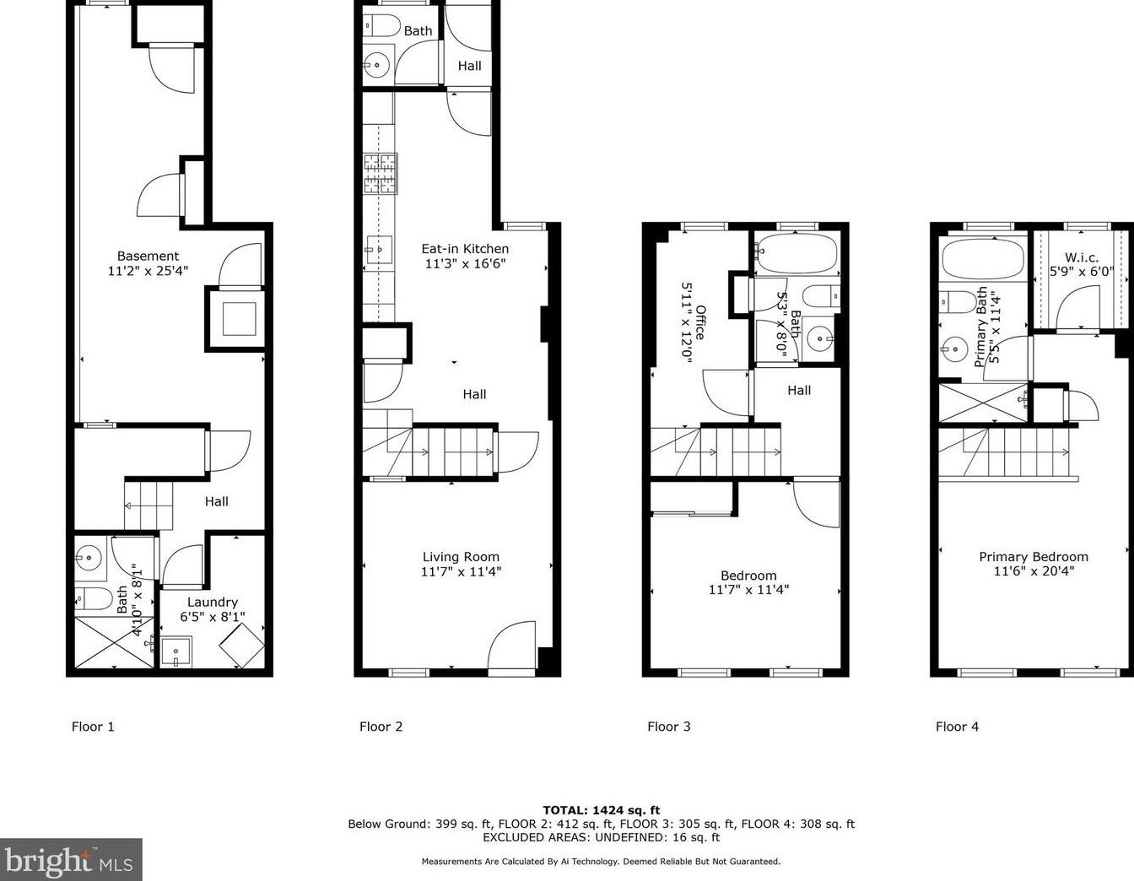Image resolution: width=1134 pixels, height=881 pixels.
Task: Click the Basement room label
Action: [x=148, y=256]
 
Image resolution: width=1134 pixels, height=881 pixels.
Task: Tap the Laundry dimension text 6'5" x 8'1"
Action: [x=212, y=617]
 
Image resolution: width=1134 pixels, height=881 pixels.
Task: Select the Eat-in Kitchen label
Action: [x=465, y=249]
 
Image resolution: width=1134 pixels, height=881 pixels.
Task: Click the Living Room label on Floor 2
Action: [x=461, y=557]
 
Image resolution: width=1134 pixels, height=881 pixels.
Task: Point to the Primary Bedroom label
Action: [x=1033, y=557]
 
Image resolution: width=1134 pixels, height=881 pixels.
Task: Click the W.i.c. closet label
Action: [x=1081, y=257]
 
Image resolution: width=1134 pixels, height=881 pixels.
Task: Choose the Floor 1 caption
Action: [x=93, y=727]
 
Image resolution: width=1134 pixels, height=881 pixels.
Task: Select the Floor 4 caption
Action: [x=957, y=727]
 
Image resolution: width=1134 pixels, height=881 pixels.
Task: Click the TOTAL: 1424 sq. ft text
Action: [x=601, y=810]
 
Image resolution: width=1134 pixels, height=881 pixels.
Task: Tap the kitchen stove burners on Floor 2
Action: [x=380, y=175]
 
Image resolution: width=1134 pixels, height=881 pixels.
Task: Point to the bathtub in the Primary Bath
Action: [x=982, y=258]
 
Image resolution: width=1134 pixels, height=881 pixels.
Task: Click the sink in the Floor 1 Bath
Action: [x=88, y=557]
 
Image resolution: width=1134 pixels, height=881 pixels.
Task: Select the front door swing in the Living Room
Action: [x=512, y=650]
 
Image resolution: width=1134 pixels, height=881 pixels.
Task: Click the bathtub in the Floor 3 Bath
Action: [x=796, y=254]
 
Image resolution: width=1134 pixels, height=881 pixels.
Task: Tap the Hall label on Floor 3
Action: [x=799, y=390]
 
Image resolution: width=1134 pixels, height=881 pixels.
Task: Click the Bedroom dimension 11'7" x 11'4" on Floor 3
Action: [x=748, y=590]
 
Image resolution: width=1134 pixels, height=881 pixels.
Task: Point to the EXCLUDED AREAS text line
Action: [x=601, y=838]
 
